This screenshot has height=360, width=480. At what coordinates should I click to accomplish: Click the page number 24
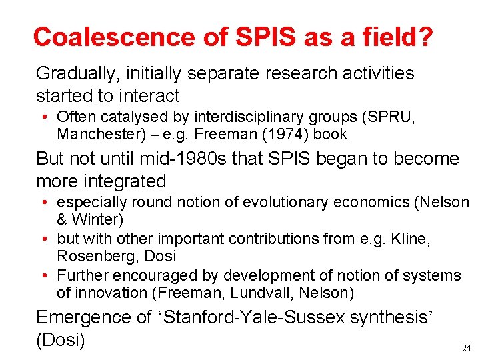(x=465, y=348)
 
